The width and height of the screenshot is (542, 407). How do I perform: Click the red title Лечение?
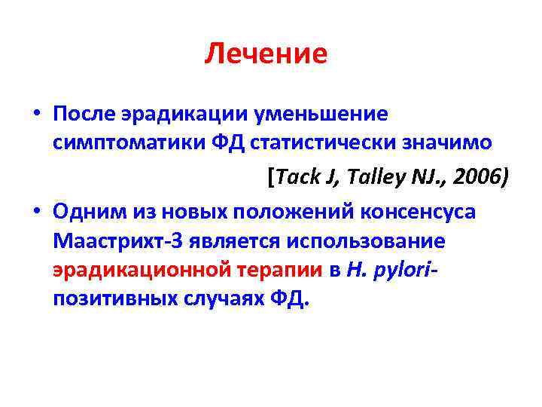tap(266, 54)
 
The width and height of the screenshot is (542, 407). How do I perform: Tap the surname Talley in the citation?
tap(367, 176)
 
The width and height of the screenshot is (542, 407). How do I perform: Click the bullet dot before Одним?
tap(37, 213)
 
